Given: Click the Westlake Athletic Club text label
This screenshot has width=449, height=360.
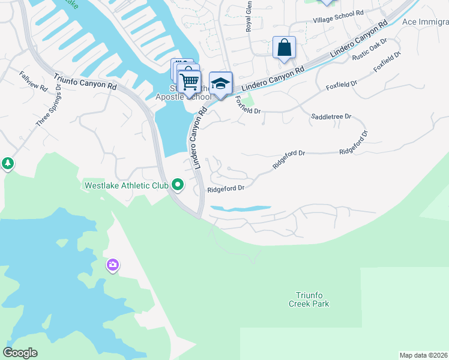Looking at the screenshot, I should point(125,185).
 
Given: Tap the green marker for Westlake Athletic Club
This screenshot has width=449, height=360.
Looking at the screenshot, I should point(178,185).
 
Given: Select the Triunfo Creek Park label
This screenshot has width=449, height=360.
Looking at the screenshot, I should point(313,299).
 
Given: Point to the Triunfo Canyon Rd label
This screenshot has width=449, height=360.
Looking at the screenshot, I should point(85,82).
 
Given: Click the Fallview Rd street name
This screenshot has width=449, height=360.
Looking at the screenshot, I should point(33,82).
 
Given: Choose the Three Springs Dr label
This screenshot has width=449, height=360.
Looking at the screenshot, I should point(49,105).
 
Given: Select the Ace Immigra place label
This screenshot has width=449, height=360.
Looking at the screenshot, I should point(425,22).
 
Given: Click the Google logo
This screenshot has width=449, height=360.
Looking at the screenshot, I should point(20,353).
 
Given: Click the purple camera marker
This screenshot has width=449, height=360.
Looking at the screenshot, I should point(113,265).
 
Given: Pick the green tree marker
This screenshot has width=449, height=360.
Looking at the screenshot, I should point(7,163).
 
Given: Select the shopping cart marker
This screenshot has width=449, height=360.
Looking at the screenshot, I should point(190,81).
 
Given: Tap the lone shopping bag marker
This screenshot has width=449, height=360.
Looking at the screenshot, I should point(284,47).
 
